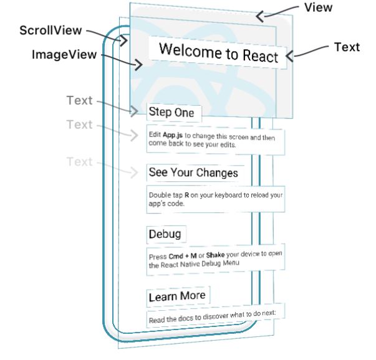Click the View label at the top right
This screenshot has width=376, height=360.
[x=317, y=7]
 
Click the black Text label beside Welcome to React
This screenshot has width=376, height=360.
[x=347, y=47]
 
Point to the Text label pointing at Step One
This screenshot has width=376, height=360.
[x=79, y=100]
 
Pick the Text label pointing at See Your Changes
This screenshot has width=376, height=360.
[x=79, y=162]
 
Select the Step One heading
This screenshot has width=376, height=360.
[x=171, y=113]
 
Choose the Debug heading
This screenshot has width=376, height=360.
[x=165, y=234]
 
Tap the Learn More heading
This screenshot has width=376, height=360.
[x=176, y=296]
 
